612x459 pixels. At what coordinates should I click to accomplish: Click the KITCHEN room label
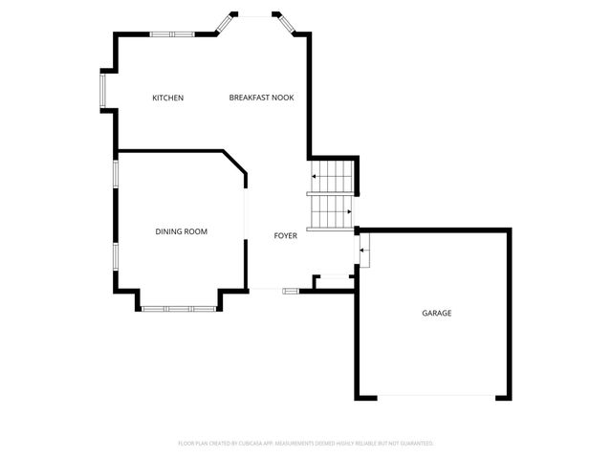167,98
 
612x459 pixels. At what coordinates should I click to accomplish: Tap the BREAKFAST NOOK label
261,98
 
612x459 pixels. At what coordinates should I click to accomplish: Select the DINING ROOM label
182,231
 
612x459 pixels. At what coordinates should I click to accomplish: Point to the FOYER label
286,235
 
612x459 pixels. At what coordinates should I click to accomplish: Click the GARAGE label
437,314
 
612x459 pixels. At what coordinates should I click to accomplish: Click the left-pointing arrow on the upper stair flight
315,177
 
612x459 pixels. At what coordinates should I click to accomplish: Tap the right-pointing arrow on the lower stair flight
349,211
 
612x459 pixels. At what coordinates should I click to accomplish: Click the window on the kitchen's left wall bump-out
102,91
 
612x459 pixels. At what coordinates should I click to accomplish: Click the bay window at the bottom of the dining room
179,309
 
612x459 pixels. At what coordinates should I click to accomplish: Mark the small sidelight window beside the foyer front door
290,291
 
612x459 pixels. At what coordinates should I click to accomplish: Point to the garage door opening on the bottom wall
437,397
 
